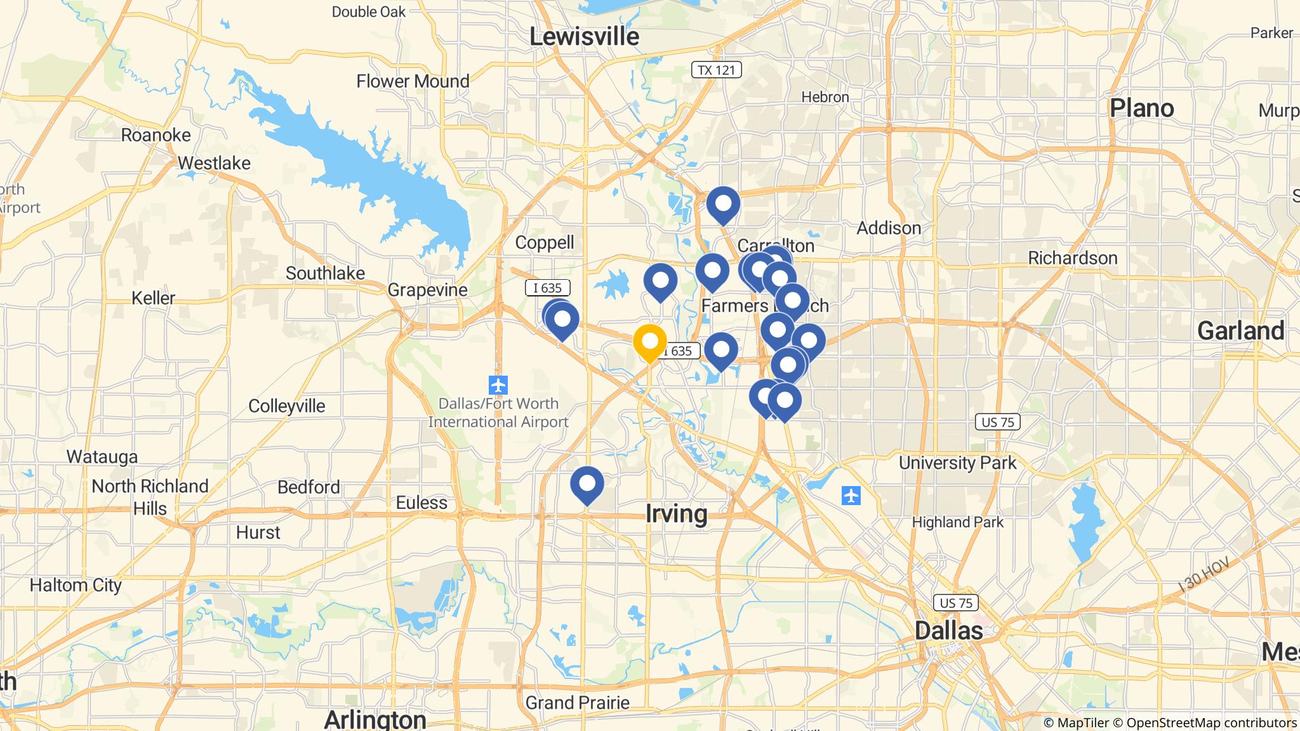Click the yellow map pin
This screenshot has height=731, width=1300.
(x=650, y=343)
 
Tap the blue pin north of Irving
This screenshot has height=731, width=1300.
(x=587, y=485)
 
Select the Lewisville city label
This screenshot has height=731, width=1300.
(x=584, y=37)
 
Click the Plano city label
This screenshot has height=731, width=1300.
(x=1141, y=109)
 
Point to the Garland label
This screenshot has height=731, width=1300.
(x=1240, y=331)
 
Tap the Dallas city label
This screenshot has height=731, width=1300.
(x=948, y=631)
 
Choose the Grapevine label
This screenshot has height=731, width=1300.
(x=427, y=290)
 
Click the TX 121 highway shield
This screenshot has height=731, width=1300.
(x=716, y=70)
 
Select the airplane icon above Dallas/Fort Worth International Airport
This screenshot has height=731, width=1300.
(x=498, y=385)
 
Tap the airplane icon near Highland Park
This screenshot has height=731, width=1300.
(x=851, y=496)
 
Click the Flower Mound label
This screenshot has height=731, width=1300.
(x=413, y=81)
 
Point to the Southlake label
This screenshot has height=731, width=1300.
(x=325, y=273)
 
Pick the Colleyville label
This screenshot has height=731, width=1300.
(x=286, y=406)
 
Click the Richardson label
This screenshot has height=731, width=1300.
(x=1073, y=258)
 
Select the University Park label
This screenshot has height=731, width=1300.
(x=957, y=463)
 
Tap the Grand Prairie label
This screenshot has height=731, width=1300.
(x=577, y=702)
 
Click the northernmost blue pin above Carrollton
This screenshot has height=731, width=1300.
(x=723, y=204)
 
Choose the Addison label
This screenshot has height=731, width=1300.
(x=889, y=228)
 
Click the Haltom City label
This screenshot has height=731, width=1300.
(x=76, y=585)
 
